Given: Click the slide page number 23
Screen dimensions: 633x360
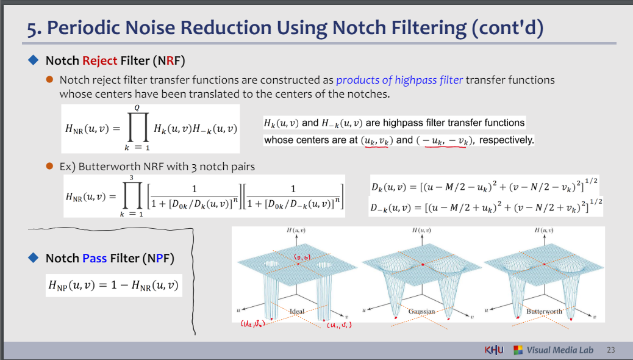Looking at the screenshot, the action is click(x=611, y=350).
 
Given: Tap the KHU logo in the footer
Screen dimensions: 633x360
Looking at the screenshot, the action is click(x=494, y=350).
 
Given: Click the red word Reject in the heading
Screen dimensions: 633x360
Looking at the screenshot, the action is click(x=100, y=60).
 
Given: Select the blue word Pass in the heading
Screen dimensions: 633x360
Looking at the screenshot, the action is click(x=95, y=258).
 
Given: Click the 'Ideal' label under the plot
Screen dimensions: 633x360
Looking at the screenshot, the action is click(x=297, y=311).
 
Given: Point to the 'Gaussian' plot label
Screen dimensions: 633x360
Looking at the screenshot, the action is click(x=421, y=311).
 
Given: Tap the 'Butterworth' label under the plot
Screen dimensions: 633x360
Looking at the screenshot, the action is click(x=544, y=311).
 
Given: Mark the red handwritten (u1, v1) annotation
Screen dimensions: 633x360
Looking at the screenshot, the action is click(x=339, y=325).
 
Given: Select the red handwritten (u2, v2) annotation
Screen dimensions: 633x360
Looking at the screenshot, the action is click(x=252, y=323).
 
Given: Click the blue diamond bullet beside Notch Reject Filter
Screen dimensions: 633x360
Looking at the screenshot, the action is click(x=34, y=60).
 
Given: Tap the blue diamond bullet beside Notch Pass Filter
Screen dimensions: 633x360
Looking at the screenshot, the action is click(x=34, y=257).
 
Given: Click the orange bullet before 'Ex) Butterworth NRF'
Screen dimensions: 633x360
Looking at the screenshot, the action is click(x=49, y=166).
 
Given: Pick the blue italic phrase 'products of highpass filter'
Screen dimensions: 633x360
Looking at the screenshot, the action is click(x=399, y=80).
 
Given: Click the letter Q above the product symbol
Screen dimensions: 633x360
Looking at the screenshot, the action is click(x=137, y=108).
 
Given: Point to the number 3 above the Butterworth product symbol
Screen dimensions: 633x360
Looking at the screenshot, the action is click(x=132, y=178).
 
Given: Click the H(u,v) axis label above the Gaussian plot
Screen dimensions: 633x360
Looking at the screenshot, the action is click(x=421, y=230).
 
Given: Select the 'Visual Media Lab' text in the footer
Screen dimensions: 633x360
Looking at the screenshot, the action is click(x=560, y=350).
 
